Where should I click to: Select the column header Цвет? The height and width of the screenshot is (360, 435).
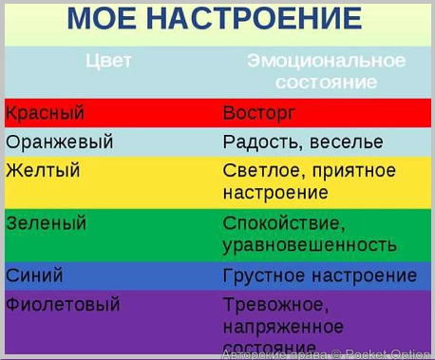(x=108, y=62)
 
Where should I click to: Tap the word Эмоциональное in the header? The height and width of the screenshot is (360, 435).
(x=326, y=62)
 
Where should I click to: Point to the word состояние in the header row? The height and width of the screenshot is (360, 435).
(x=326, y=83)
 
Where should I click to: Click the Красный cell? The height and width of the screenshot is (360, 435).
(x=45, y=113)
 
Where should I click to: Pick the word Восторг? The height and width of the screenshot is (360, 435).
(x=259, y=113)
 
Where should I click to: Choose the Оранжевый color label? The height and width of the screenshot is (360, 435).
(x=59, y=142)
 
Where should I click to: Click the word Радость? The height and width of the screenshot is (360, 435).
(x=261, y=142)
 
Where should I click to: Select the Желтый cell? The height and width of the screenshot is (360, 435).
(x=43, y=171)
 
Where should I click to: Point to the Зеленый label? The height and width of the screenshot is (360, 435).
(x=46, y=224)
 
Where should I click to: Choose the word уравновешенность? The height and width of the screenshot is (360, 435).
(x=310, y=245)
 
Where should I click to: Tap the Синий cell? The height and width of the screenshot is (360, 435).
(x=34, y=275)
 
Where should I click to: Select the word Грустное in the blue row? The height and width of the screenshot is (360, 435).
(x=263, y=275)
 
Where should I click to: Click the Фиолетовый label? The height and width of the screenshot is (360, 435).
(x=63, y=305)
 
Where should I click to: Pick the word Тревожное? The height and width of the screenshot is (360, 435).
(x=275, y=305)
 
